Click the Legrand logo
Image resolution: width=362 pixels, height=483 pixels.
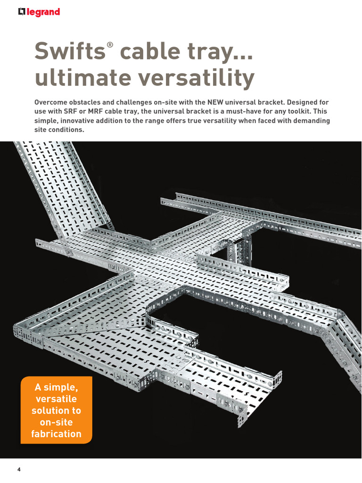pyautogui.click(x=39, y=12)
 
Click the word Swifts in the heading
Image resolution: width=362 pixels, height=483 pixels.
pyautogui.click(x=69, y=51)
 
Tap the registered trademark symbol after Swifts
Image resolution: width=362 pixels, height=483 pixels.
pyautogui.click(x=110, y=44)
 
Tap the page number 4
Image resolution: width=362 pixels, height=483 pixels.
pyautogui.click(x=19, y=470)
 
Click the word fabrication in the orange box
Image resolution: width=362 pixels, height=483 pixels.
pyautogui.click(x=56, y=434)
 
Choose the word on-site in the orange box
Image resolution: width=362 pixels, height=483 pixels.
pyautogui.click(x=56, y=422)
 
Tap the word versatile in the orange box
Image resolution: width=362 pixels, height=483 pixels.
pyautogui.click(x=56, y=399)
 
